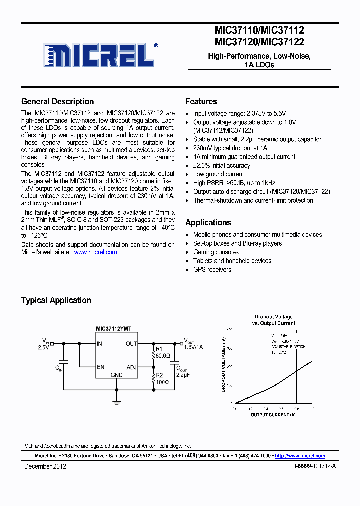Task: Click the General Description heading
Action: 57,101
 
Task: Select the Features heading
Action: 201,101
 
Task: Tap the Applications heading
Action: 208,222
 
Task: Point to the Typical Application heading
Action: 56,300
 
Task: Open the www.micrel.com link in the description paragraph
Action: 95,252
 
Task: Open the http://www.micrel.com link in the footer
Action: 300,456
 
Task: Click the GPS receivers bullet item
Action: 212,269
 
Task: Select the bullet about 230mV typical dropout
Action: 230,148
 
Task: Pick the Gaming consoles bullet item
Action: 216,252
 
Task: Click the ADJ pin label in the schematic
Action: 131,367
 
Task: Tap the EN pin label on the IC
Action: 101,367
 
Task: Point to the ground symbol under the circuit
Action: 116,401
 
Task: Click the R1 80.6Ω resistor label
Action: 163,353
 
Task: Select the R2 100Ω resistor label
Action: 162,378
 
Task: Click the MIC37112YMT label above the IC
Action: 114,329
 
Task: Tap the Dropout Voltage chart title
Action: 273,320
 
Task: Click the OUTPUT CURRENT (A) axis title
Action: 273,415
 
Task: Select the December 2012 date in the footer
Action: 45,466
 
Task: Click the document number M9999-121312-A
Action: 309,466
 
